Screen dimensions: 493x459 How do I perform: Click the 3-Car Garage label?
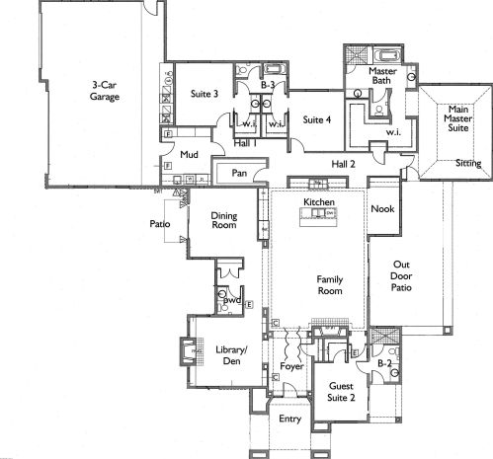(x=105, y=91)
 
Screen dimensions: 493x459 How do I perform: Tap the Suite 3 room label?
(x=205, y=94)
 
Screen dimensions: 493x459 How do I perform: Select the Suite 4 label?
(x=316, y=119)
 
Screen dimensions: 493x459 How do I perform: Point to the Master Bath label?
(x=382, y=76)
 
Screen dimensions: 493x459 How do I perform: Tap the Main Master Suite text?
(x=458, y=118)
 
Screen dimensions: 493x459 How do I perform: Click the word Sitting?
(x=468, y=163)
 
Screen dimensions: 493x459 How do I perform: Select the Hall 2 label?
(x=343, y=164)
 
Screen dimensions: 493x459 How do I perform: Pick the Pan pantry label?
(x=239, y=173)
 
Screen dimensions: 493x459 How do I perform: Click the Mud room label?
(x=189, y=154)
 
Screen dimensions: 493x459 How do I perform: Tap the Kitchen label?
(x=319, y=202)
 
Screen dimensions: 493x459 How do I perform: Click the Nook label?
(x=382, y=208)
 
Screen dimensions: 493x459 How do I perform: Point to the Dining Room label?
(x=224, y=220)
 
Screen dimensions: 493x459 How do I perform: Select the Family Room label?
(x=330, y=285)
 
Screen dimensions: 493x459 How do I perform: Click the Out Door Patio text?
(x=401, y=276)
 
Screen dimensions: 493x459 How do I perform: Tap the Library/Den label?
(x=231, y=355)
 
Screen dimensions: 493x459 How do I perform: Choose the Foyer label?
(x=291, y=366)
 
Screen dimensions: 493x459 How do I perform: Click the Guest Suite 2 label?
(x=341, y=392)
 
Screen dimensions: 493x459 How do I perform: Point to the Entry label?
(x=289, y=419)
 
